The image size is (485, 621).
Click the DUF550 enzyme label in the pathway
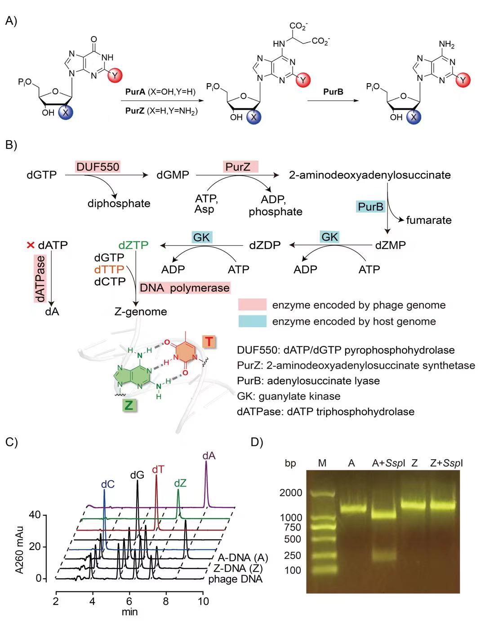point(98,167)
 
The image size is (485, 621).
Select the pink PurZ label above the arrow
point(241,167)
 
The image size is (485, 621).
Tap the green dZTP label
point(133,245)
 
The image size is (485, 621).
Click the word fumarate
point(428,220)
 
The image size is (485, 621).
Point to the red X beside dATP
point(31,245)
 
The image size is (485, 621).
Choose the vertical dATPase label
point(40,279)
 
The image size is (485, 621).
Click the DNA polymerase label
point(184,288)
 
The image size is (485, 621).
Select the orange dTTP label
point(109,270)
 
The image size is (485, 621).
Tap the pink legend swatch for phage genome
point(252,305)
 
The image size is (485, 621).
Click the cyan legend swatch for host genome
point(252,321)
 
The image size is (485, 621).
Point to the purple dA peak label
point(209,456)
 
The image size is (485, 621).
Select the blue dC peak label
point(107,484)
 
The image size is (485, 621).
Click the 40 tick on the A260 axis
point(35,515)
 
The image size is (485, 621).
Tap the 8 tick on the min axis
point(166,601)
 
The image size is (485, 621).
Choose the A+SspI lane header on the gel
point(389,463)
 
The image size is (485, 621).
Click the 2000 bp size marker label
point(291,493)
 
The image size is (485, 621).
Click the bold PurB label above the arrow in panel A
point(333,92)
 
